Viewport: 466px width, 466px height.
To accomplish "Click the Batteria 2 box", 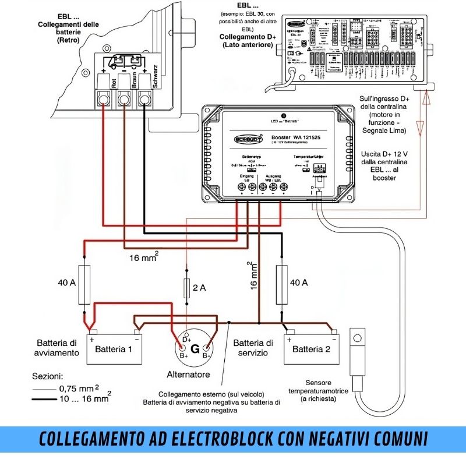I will point(311,349).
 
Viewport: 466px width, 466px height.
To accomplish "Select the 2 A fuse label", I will point(200,287).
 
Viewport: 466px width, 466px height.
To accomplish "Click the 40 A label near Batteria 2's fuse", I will point(298,283).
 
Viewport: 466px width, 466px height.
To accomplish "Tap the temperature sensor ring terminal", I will point(356,337).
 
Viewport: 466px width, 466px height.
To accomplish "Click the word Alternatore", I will point(188,375).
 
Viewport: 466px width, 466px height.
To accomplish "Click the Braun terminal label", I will point(134,80).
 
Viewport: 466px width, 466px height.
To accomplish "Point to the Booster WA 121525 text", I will point(298,138).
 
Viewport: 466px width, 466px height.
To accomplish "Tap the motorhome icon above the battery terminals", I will point(123,62).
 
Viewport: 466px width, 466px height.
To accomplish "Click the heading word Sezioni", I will point(48,376).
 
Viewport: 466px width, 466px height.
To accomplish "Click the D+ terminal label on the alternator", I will point(186,339).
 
